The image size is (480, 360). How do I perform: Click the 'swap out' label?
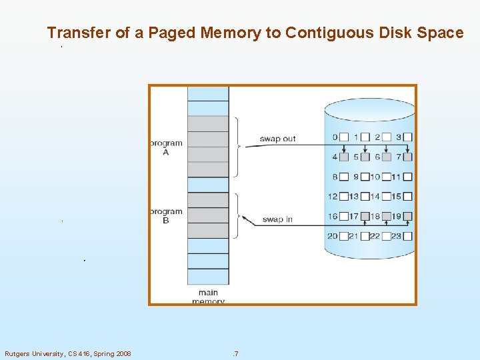pos(277,139)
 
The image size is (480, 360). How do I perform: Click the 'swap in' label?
pos(277,219)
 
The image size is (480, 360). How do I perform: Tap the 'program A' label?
pos(166,147)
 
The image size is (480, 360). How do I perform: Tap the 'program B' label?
pos(166,216)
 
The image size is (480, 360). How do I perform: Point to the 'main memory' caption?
pos(208,297)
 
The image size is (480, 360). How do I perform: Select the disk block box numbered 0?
pos(344,137)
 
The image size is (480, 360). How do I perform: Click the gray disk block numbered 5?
pos(365,157)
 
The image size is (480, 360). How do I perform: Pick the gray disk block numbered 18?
pos(387,216)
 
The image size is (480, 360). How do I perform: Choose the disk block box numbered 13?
pos(365,197)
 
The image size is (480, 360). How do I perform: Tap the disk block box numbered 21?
pos(365,236)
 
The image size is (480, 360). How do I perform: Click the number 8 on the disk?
pos(335,177)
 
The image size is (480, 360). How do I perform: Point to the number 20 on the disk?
pos(333,236)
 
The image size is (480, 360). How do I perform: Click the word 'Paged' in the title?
pos(173,33)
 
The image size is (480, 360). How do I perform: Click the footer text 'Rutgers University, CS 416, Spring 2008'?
pos(68,353)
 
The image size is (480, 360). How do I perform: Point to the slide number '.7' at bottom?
pos(235,353)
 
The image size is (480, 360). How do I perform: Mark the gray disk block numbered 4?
pos(344,157)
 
